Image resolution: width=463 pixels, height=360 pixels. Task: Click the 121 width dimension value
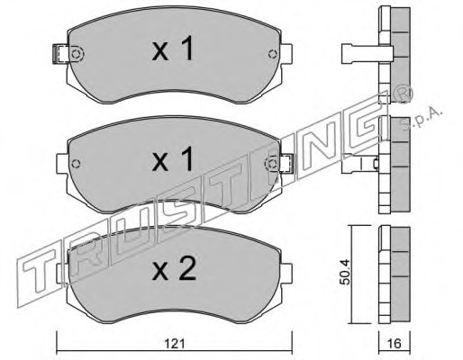[175, 344]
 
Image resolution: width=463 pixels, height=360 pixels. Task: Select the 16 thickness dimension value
[395, 344]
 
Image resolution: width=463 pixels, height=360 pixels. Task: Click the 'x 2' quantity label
[174, 268]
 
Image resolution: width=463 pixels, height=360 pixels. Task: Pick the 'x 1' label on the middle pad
[173, 159]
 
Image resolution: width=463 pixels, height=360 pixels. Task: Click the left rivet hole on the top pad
[77, 54]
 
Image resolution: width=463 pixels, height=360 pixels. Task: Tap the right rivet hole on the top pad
[273, 54]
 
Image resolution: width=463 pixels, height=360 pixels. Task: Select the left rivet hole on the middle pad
[77, 164]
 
